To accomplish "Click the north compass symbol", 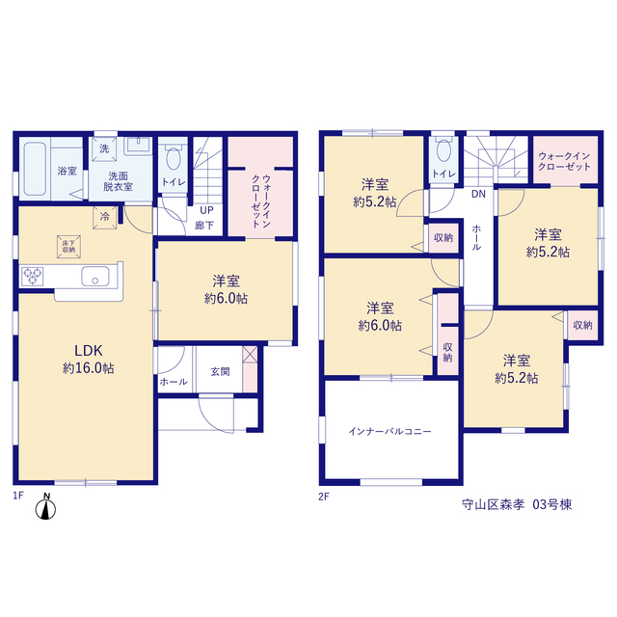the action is [x=45, y=507].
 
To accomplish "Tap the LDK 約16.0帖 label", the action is [x=89, y=359].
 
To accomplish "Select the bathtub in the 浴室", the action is [x=35, y=169].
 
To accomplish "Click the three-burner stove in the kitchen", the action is [x=32, y=276].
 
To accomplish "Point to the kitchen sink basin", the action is [x=95, y=277].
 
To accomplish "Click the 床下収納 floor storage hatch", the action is [x=68, y=247].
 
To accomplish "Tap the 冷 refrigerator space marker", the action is [x=105, y=216].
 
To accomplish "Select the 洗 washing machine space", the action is [x=104, y=148].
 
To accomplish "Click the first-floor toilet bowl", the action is [x=174, y=158].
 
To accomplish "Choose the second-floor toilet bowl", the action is [x=443, y=150].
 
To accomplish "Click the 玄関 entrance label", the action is [x=220, y=371].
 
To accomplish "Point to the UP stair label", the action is [x=206, y=210].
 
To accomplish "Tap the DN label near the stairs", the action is [x=478, y=194].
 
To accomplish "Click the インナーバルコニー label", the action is [x=389, y=432].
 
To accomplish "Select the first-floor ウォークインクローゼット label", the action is [x=261, y=201].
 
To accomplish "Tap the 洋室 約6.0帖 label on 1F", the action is [x=226, y=289].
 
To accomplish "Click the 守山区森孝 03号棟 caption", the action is [x=517, y=505].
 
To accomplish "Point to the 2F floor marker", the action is [x=324, y=496].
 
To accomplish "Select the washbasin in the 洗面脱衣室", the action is [x=138, y=146].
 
